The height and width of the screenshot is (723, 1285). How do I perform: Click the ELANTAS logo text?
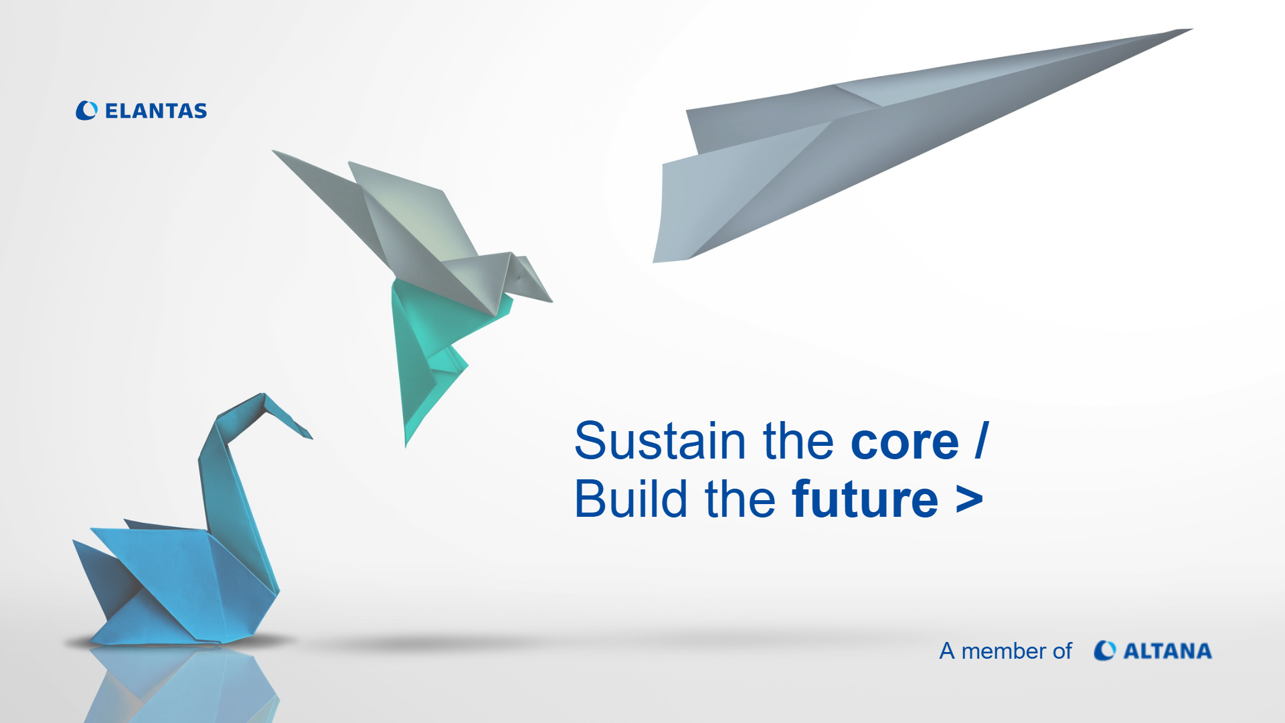(x=156, y=111)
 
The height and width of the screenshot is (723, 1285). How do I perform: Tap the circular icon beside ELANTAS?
(x=86, y=110)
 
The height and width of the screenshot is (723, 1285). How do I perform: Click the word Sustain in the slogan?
(x=660, y=441)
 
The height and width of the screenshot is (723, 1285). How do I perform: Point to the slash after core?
(x=981, y=440)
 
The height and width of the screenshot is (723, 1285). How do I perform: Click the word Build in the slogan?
(x=631, y=499)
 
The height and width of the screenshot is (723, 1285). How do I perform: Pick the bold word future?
(x=865, y=499)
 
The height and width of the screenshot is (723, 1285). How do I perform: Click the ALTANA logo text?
(x=1167, y=651)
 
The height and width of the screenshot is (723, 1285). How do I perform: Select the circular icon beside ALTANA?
(x=1104, y=651)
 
